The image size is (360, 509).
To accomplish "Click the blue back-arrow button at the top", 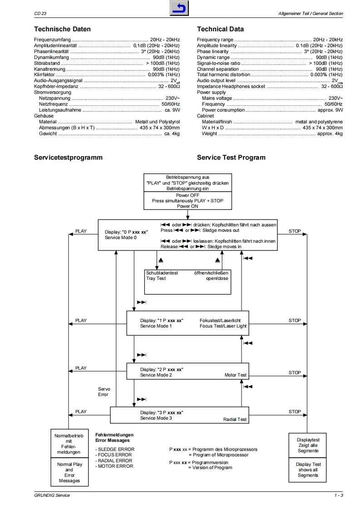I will coord(180,8).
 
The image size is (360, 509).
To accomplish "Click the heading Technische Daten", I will coord(62,29).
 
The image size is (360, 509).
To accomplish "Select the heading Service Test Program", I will coord(231,157).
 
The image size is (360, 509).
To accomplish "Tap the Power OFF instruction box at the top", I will coord(188,201).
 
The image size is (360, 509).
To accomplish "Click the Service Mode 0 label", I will coord(120,237).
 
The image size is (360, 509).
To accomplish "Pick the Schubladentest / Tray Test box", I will coord(187,281).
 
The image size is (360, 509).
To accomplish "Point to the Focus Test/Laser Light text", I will coord(223,326).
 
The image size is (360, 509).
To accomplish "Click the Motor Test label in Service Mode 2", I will coord(236,375).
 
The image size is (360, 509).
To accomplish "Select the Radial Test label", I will coord(235,420).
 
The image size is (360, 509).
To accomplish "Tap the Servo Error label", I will coord(104,392).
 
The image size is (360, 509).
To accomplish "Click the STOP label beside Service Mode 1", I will coord(295,320).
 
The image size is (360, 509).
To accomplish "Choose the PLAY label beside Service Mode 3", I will coord(81,412).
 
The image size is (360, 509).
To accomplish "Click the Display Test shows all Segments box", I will coord(308,470).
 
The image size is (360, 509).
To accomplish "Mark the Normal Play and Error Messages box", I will coord(69,472).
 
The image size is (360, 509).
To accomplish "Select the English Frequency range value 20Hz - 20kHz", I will coord(328,40).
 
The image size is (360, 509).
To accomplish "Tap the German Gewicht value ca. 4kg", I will coord(172,134).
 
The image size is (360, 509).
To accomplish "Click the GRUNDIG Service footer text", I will coord(52,495).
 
